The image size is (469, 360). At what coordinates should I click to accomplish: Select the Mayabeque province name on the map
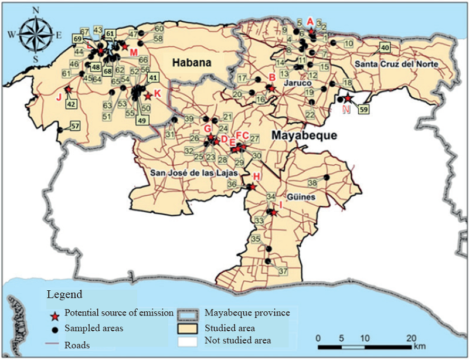click(304, 135)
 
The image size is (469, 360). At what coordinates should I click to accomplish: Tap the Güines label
click(301, 198)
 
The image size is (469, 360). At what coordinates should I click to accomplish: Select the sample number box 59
click(363, 108)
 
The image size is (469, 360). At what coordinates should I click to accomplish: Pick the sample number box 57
click(74, 126)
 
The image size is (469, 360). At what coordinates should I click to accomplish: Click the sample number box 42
click(72, 104)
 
